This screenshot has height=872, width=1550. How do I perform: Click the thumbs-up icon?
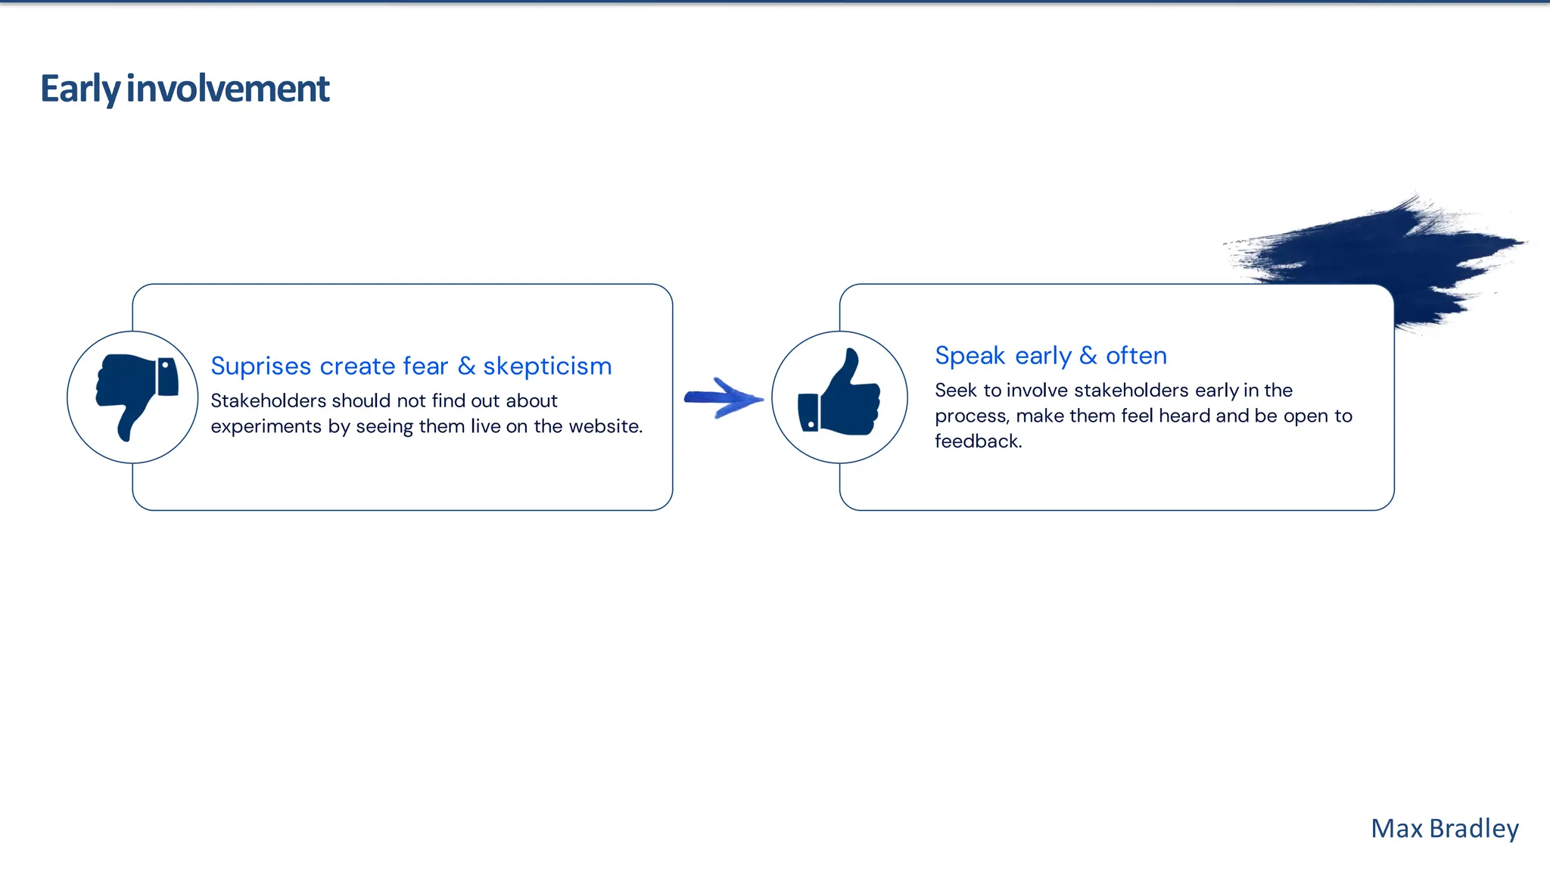coord(839,395)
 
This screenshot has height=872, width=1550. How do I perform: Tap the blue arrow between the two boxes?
coord(723,397)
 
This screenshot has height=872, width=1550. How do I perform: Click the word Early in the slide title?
coord(80,89)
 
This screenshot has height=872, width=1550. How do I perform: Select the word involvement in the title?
coord(228,89)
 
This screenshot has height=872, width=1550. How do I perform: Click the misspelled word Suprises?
coord(261,366)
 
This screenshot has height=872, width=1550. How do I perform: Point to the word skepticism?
coord(547,366)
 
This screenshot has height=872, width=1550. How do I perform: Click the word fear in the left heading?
coord(425,366)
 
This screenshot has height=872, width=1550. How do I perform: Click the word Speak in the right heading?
coord(970,356)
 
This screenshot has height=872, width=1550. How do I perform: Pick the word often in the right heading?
coord(1136,356)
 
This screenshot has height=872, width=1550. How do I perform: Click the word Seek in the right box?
coord(955,391)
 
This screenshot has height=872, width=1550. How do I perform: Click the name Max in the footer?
coord(1397,829)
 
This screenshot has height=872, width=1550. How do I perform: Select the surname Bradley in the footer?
coord(1474,829)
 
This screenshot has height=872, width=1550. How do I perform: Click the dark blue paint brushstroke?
coord(1393,250)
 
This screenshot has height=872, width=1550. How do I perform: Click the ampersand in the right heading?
coord(1088,356)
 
